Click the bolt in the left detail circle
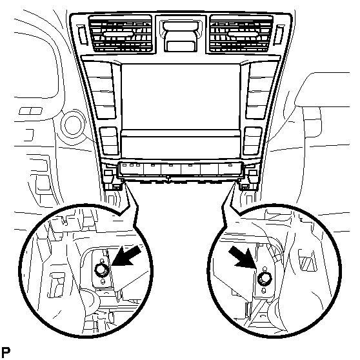click(101, 269)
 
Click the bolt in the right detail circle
click(265, 279)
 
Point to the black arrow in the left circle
click(126, 255)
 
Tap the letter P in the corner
click(6, 352)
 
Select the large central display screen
click(181, 96)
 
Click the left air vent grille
click(120, 34)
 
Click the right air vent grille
click(241, 34)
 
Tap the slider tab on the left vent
click(119, 34)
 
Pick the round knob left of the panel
click(72, 125)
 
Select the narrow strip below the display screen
click(181, 133)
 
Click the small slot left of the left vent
click(82, 34)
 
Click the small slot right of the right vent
click(279, 34)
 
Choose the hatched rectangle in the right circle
click(307, 260)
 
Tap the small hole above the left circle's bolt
click(103, 261)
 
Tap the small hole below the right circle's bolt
click(264, 290)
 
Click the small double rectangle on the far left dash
click(30, 111)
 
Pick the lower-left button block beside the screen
click(109, 141)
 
